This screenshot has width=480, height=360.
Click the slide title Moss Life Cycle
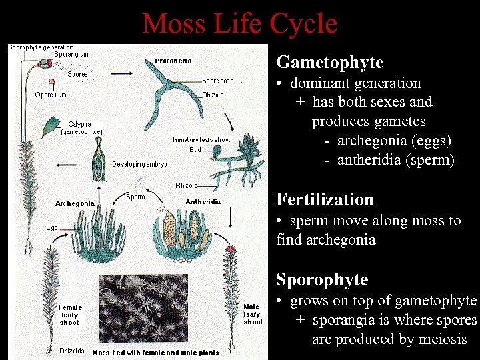pyautogui.click(x=239, y=24)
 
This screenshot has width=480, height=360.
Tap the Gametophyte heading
pyautogui.click(x=329, y=63)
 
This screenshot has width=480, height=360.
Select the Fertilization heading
pyautogui.click(x=325, y=200)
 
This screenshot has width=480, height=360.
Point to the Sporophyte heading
pyautogui.click(x=322, y=279)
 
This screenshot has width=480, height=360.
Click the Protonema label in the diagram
pyautogui.click(x=173, y=61)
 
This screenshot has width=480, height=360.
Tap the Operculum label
pyautogui.click(x=51, y=95)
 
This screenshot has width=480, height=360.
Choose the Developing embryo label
pyautogui.click(x=139, y=163)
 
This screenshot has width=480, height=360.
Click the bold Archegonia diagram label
pyautogui.click(x=74, y=203)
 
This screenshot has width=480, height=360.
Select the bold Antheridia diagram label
pyautogui.click(x=198, y=201)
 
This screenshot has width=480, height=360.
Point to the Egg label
pyautogui.click(x=52, y=227)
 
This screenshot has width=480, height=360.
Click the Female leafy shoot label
pyautogui.click(x=69, y=315)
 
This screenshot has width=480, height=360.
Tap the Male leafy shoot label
pyautogui.click(x=253, y=314)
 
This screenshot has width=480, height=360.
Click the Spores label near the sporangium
pyautogui.click(x=77, y=74)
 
